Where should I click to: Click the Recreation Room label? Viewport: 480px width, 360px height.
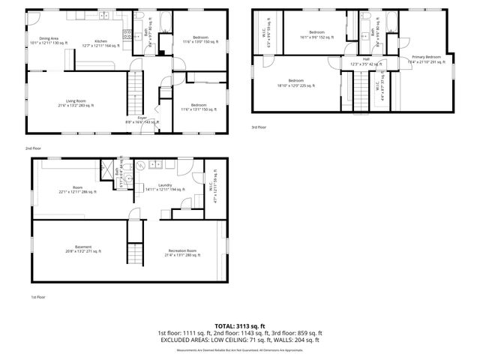click(181, 252)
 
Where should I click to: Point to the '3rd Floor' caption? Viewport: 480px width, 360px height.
click(259, 127)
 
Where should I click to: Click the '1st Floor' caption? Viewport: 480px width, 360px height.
click(39, 297)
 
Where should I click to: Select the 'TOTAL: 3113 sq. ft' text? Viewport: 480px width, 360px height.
click(239, 325)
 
